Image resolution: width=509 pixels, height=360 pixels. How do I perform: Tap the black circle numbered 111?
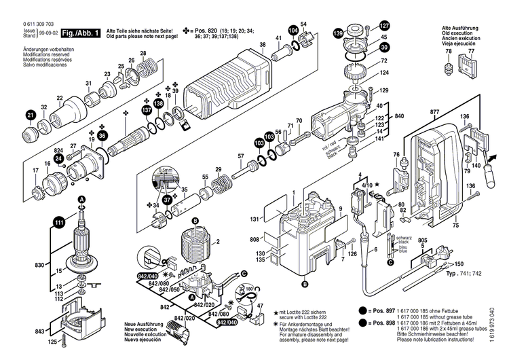(60, 221)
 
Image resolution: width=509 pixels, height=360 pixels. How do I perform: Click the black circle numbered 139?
(338, 33)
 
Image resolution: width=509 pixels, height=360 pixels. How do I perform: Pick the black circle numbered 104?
(293, 31)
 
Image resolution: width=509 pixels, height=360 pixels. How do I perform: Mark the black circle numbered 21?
(30, 116)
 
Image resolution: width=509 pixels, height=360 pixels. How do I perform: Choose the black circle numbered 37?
(168, 202)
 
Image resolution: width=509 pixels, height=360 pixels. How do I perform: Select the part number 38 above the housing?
(263, 46)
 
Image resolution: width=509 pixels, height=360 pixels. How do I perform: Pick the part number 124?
(384, 73)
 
